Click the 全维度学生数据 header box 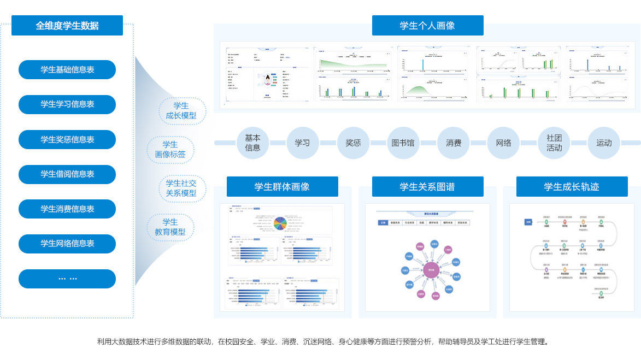click(x=67, y=26)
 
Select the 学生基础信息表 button click(x=67, y=70)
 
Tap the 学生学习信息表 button click(x=67, y=104)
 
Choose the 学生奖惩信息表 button click(x=67, y=139)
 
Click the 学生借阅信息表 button click(x=67, y=174)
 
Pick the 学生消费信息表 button click(x=67, y=209)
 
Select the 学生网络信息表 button click(x=67, y=244)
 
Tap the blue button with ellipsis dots click(x=67, y=279)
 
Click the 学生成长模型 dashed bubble click(x=181, y=111)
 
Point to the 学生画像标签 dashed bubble click(x=170, y=150)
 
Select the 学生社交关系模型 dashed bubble click(x=181, y=188)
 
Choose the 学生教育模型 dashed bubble click(x=170, y=227)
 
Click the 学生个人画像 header click(x=427, y=26)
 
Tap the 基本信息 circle click(x=252, y=143)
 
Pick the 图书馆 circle click(x=403, y=143)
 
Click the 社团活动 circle click(x=554, y=143)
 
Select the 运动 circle click(x=604, y=143)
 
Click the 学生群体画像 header click(x=282, y=187)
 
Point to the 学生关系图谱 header click(x=427, y=187)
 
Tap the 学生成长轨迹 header click(x=572, y=187)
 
